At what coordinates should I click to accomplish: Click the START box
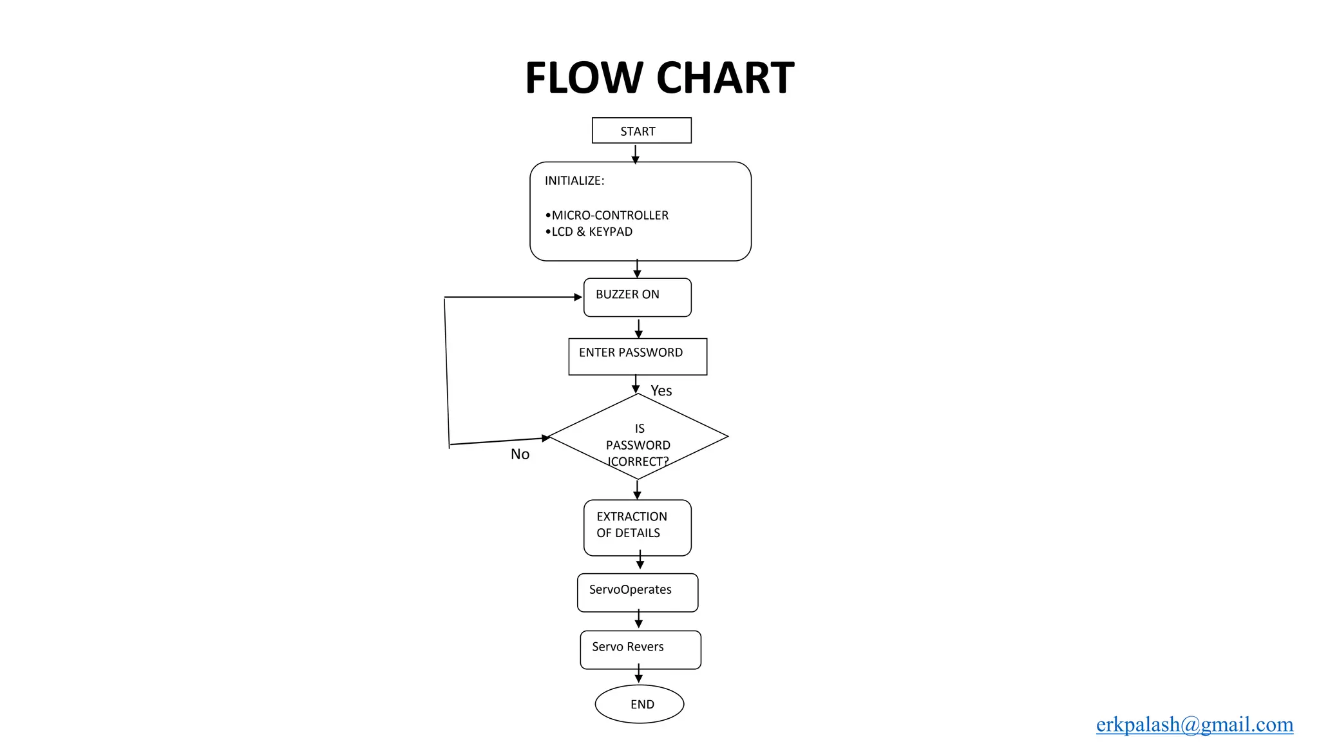641,131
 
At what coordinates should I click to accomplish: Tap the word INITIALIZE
574,181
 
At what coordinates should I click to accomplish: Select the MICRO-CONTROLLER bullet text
609,215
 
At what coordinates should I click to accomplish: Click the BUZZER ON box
637,297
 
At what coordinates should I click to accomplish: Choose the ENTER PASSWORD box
637,356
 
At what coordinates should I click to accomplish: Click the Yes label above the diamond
661,391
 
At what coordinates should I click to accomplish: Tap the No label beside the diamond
520,454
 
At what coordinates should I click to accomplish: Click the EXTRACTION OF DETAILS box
637,528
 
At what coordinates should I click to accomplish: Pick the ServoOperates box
637,592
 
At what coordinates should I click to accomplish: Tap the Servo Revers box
640,649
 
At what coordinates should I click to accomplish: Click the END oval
639,704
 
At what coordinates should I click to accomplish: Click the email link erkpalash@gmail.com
1194,725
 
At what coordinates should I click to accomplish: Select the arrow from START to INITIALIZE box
635,154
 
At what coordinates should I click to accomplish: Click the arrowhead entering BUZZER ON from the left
578,297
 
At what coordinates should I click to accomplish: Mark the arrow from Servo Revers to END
638,674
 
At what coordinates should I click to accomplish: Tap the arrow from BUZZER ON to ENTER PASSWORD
638,328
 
